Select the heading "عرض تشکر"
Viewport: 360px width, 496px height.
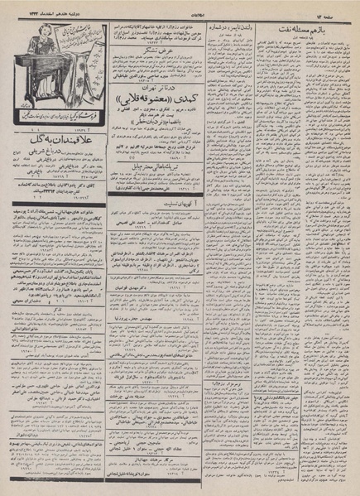(x=165, y=52)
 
